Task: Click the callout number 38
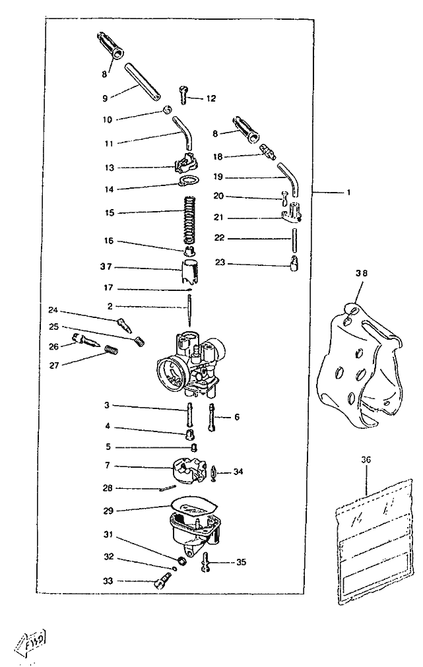[361, 272]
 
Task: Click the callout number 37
[106, 267]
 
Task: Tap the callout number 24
[53, 309]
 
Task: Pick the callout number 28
[108, 488]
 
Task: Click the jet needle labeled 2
[190, 310]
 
